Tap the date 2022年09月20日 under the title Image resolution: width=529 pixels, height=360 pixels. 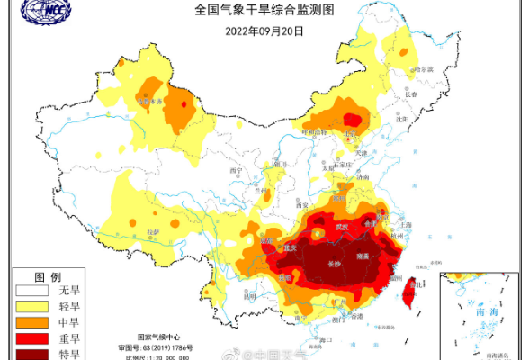264,30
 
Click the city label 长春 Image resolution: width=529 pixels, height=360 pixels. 411,94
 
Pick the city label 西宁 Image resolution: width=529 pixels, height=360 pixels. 237,171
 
